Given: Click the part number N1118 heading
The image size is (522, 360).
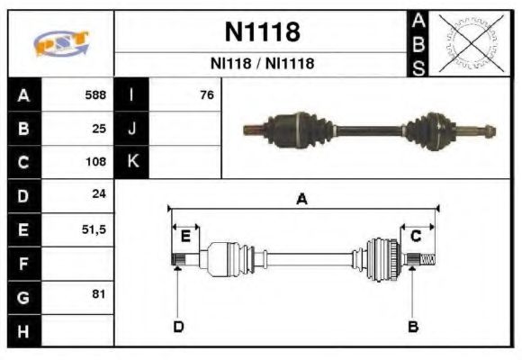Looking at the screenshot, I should pos(261,32).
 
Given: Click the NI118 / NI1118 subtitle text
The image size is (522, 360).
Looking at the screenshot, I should pos(261,64).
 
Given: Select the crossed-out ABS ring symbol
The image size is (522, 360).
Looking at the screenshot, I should pos(467,43).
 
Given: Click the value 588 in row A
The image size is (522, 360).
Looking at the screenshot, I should pos(94,94).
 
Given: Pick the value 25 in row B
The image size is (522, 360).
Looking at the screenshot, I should pos(99,128).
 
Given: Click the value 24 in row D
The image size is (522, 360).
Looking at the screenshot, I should pos(99,195).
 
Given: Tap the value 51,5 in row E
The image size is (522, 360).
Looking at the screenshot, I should pos(94,229).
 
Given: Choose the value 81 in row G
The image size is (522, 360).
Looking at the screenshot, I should pos(99,294).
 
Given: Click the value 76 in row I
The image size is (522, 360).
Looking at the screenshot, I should pos(206,94).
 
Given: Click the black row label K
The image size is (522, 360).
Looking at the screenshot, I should pos(131,162).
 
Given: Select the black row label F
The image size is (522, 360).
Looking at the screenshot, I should pos(23,263).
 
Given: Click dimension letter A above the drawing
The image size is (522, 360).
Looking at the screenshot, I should pos(302,200).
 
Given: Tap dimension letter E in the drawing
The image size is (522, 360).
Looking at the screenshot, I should pos(185,237).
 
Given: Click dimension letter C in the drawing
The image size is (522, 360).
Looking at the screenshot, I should pos(416,236).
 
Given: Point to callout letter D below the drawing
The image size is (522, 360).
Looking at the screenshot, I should pos(178,326).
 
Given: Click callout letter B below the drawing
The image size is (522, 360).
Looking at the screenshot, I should pos(413,326).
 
